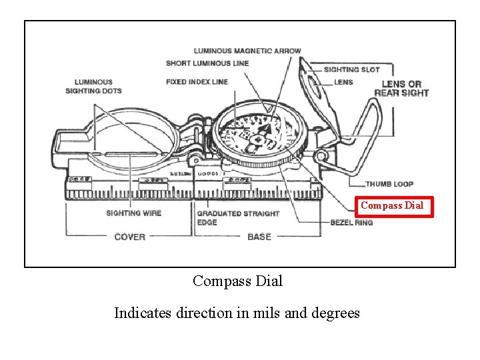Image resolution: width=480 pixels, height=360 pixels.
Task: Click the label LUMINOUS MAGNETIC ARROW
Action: point(247,51)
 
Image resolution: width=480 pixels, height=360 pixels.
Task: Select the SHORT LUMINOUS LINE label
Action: point(207,63)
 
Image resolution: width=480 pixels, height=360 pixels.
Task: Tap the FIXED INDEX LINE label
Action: point(197,82)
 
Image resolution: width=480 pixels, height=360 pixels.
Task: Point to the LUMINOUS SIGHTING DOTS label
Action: point(93,86)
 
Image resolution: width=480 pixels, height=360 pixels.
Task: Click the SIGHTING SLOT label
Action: point(351,69)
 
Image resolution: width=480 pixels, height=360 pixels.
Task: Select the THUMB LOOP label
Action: point(389,184)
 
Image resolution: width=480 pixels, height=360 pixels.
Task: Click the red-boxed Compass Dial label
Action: point(392,206)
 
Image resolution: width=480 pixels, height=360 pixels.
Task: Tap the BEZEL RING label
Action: point(351,223)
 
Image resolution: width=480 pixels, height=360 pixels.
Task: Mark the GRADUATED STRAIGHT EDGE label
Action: point(237,218)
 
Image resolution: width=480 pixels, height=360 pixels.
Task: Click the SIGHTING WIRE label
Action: point(133,213)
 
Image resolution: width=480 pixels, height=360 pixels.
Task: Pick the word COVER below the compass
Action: point(130,237)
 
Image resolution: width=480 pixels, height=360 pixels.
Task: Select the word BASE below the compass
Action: point(259,237)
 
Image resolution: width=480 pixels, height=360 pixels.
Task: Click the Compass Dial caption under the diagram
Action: point(237,281)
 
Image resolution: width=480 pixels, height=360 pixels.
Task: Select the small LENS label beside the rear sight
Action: point(343,82)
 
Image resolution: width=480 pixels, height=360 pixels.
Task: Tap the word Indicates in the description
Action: point(143,313)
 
